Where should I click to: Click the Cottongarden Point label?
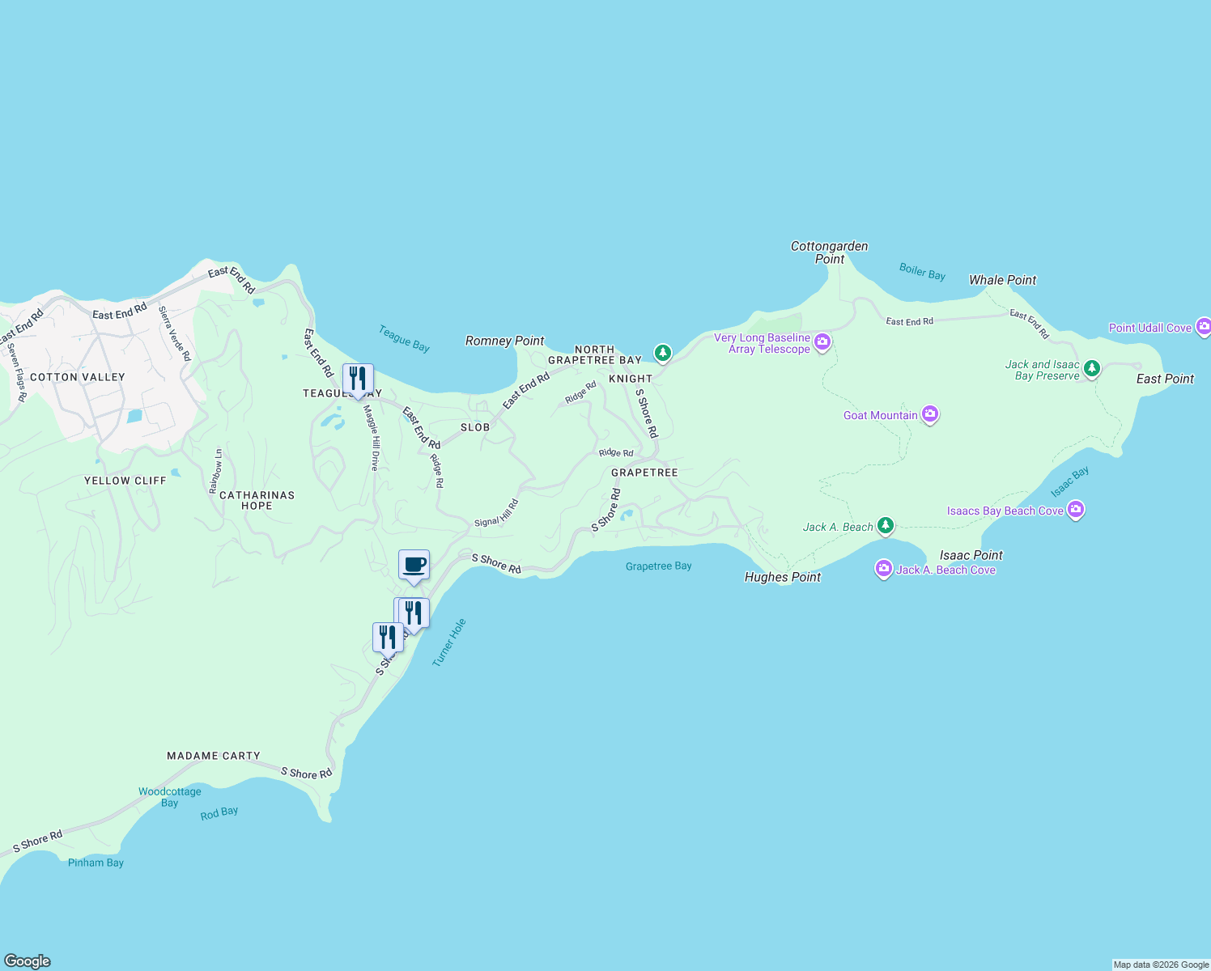click(829, 252)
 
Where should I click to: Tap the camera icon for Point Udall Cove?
click(1203, 327)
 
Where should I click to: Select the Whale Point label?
click(1002, 280)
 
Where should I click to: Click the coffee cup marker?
click(414, 565)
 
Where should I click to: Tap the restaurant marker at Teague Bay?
click(358, 379)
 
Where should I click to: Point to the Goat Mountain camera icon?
click(930, 415)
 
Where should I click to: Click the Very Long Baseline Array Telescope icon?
click(822, 342)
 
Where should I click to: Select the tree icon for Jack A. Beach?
click(886, 527)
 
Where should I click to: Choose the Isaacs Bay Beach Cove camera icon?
click(1076, 510)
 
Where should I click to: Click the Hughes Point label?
click(782, 577)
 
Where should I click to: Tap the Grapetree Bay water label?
click(658, 566)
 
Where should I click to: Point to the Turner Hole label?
click(449, 642)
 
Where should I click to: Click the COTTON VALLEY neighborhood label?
click(78, 377)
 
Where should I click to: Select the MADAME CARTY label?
click(214, 756)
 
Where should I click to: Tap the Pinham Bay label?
click(96, 863)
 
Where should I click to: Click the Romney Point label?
click(504, 341)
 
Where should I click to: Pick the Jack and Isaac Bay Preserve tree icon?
click(1092, 369)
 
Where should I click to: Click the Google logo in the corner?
click(28, 961)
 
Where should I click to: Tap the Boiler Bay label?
click(922, 271)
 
